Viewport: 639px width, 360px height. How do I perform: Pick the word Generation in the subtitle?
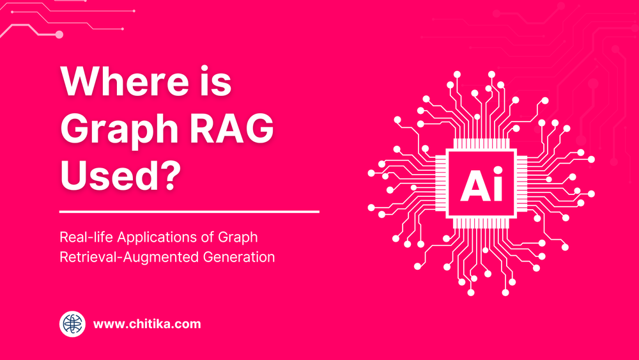(x=238, y=258)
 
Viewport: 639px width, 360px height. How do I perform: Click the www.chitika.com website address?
(x=147, y=324)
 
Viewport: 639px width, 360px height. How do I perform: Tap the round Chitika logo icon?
(x=73, y=324)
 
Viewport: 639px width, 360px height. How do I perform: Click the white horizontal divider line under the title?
(x=189, y=212)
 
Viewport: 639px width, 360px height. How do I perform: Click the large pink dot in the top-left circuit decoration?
(x=59, y=35)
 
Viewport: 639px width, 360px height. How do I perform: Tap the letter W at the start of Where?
(x=80, y=82)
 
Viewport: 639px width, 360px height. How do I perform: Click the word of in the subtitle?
(x=206, y=237)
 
